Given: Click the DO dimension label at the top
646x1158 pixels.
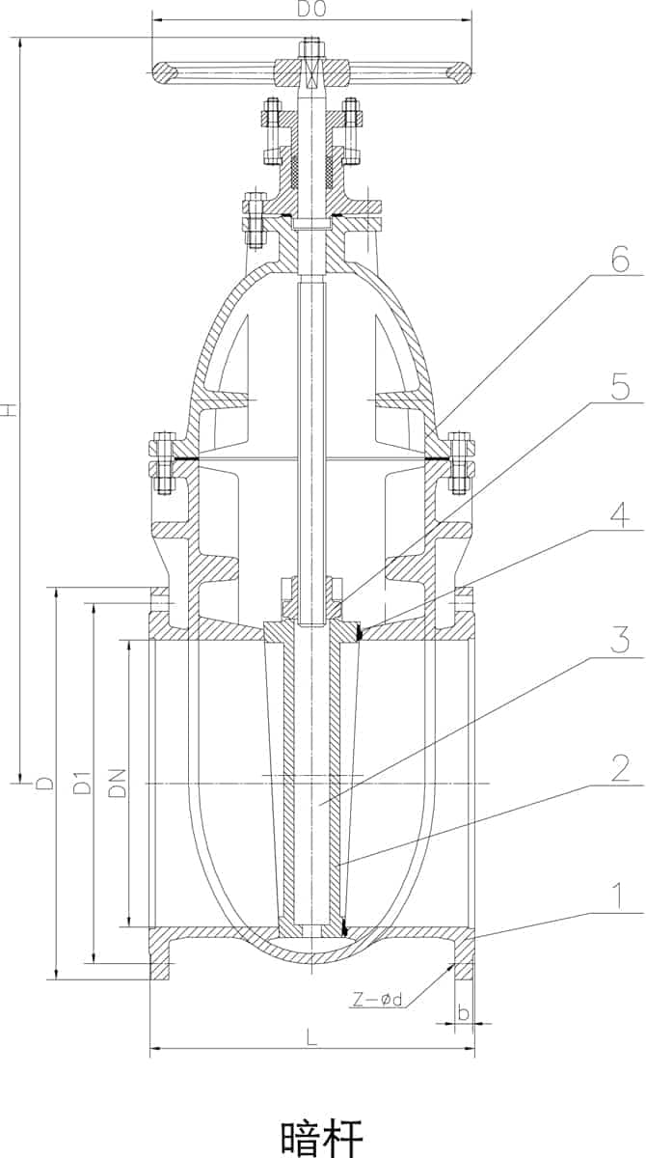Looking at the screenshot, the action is tap(311, 11).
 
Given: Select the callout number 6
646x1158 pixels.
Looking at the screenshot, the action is tap(620, 259).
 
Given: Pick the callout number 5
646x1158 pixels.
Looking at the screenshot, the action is tap(620, 387).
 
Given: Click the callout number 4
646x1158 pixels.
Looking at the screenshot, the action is tap(620, 515).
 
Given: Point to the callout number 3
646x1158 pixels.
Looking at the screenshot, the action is tap(620, 640).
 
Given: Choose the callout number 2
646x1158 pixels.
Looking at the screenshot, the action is tap(620, 768).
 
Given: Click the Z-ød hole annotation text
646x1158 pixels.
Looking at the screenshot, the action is tap(378, 1000).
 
